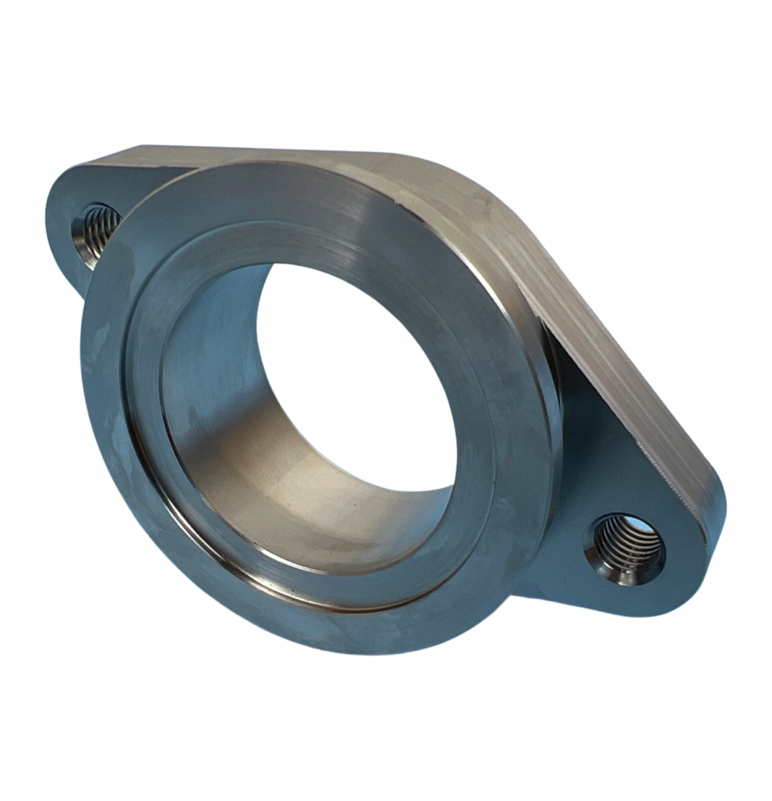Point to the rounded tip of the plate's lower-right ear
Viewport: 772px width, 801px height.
pyautogui.click(x=715, y=531)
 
